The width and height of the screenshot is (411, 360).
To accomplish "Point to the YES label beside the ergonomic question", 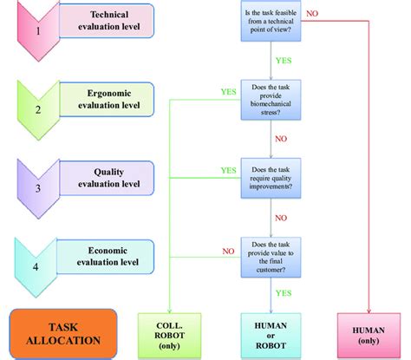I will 229,91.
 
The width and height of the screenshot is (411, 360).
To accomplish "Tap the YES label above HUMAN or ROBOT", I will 283,294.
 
